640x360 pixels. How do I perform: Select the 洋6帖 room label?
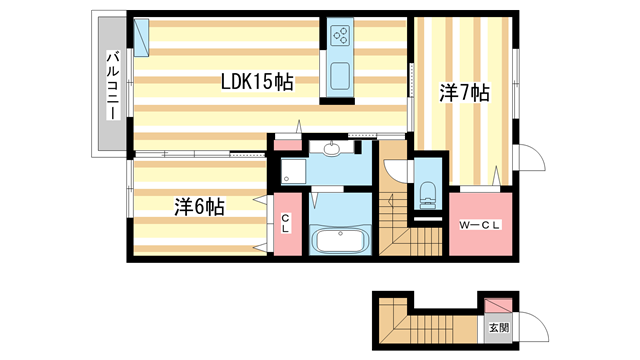point(199,207)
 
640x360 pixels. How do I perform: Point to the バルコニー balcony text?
point(113,85)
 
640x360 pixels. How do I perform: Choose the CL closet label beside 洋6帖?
point(285,224)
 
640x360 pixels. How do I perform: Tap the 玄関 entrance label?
point(497,326)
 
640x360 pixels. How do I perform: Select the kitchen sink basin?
point(340,76)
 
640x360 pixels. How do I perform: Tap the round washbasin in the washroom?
point(333,151)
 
